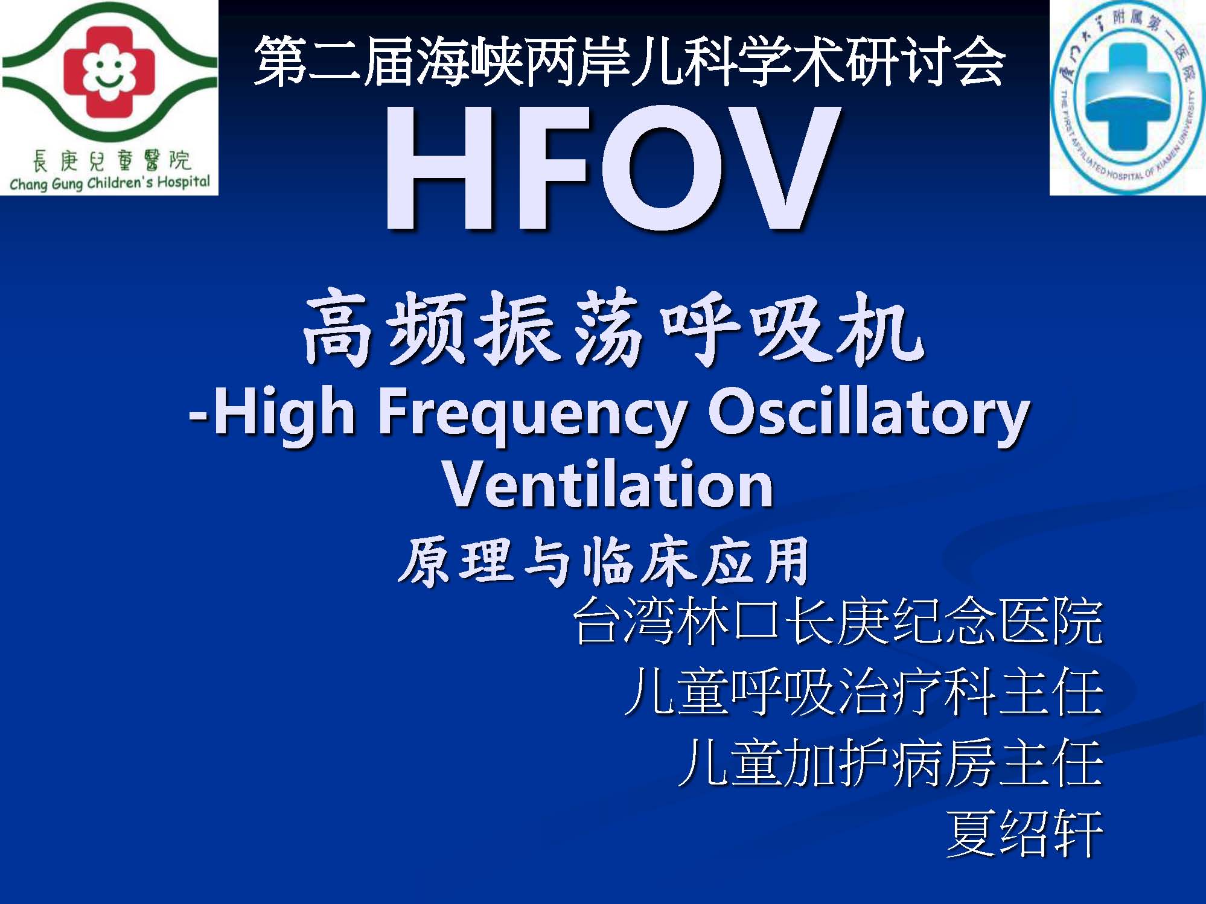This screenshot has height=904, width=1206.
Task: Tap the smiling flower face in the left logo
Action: [x=110, y=72]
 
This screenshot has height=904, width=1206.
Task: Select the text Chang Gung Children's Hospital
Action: [x=110, y=183]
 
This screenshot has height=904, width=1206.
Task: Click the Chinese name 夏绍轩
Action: [x=1025, y=833]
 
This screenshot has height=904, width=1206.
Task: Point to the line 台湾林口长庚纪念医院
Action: [x=838, y=621]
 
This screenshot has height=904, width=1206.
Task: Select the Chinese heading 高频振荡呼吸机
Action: [x=613, y=328]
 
